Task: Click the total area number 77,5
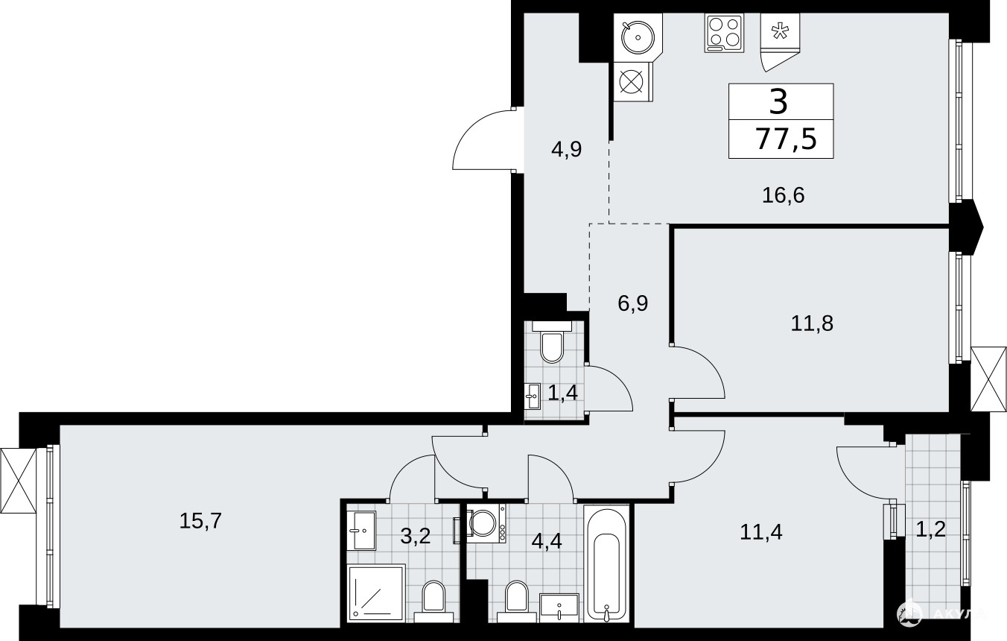click(x=787, y=139)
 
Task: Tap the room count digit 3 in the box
click(x=778, y=101)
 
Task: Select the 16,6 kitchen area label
click(x=783, y=195)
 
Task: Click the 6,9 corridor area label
click(x=632, y=303)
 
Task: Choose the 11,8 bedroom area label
click(x=812, y=323)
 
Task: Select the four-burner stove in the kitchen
click(x=723, y=33)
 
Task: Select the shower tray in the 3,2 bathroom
click(x=376, y=592)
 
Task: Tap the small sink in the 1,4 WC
click(x=533, y=396)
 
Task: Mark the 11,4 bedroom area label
click(x=761, y=532)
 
